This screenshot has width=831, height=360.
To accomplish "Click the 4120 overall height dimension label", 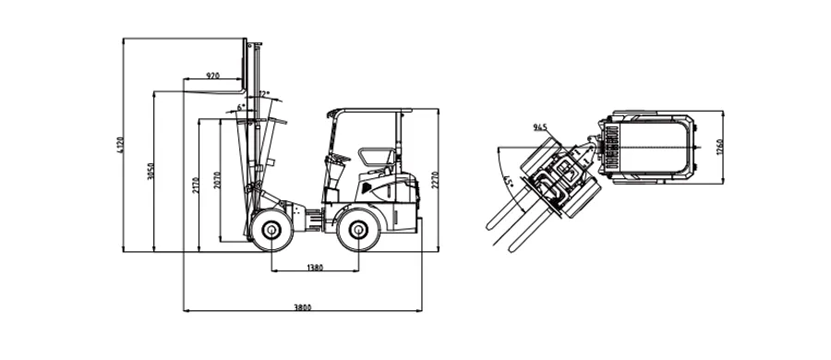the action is click(x=119, y=145).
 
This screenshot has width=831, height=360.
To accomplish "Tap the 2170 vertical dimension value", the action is click(x=195, y=185).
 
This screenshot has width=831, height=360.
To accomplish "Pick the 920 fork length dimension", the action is click(x=212, y=76).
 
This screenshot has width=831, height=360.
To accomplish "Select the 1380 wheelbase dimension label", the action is click(x=315, y=268).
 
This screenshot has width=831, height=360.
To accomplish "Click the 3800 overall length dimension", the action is click(x=303, y=307).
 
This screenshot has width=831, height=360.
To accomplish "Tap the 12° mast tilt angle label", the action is click(x=264, y=94).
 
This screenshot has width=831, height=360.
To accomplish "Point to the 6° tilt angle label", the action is click(x=240, y=107).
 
